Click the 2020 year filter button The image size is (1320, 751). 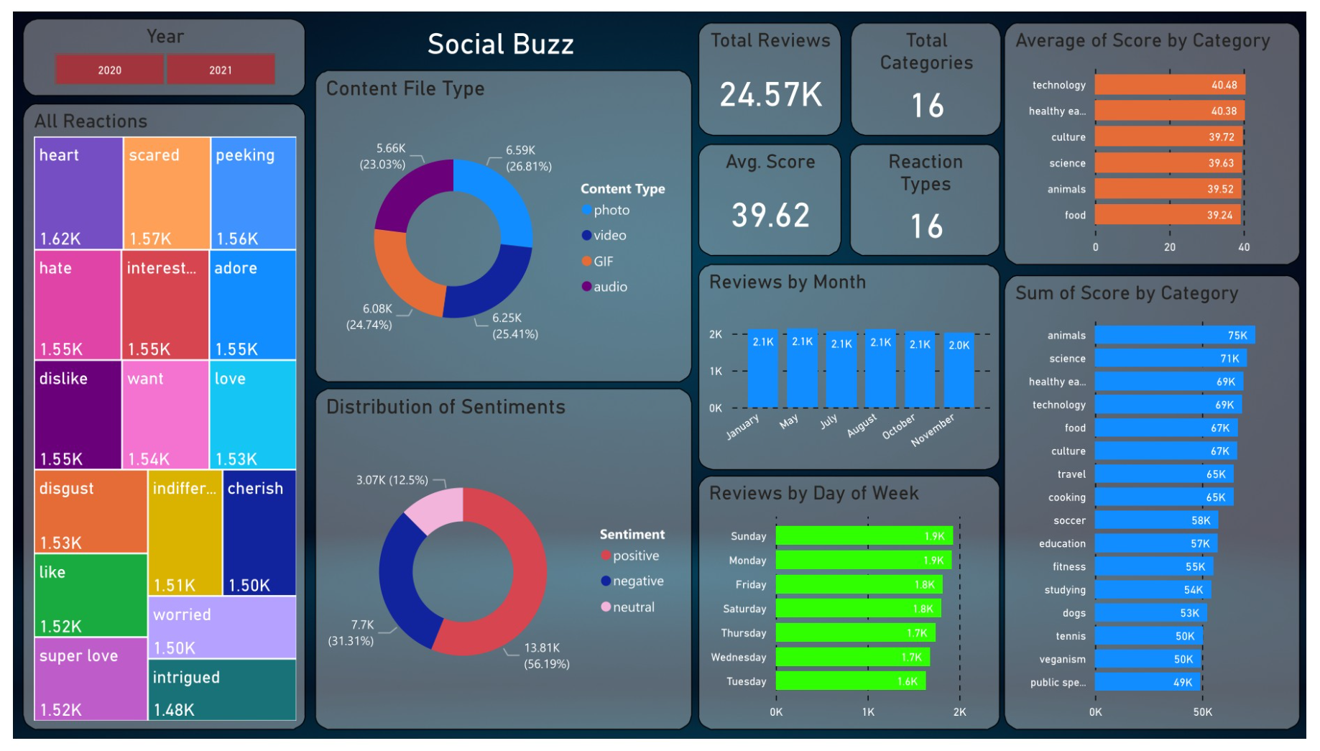(109, 70)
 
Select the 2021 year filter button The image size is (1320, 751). (221, 70)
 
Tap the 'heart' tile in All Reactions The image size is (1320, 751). (78, 193)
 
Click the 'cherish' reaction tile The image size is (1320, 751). (259, 533)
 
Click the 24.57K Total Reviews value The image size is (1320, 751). (770, 95)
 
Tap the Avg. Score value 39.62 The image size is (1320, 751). (770, 215)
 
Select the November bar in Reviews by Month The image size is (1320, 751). (959, 370)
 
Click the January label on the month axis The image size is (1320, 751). (742, 426)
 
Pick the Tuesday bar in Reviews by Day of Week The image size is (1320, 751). (850, 681)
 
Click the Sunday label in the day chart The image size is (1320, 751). (748, 536)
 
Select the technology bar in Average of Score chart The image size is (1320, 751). (1169, 85)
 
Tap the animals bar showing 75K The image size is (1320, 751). (1174, 335)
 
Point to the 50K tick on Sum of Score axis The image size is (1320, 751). (1202, 712)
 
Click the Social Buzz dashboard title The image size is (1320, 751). (500, 45)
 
